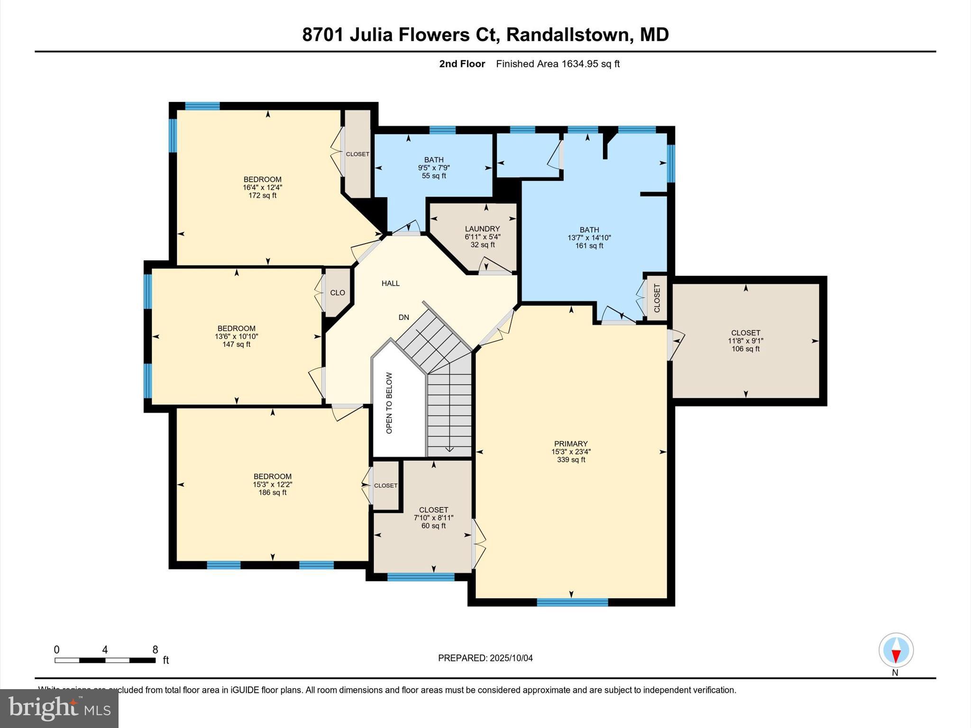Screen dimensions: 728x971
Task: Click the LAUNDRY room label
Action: [x=482, y=229]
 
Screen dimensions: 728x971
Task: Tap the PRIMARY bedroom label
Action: [x=571, y=444]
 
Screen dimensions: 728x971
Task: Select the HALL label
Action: [x=391, y=283]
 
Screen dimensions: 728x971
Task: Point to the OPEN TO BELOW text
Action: [x=389, y=403]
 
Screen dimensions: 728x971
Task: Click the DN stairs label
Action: [x=403, y=318]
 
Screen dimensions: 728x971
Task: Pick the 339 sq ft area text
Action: [x=571, y=460]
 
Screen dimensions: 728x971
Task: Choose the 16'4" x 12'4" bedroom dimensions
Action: [x=262, y=188]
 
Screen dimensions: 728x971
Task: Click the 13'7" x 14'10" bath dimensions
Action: [x=589, y=238]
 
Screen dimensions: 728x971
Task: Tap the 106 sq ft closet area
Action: [x=745, y=349]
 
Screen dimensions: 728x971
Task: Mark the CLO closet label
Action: [x=338, y=293]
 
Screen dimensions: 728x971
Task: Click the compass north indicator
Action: [x=896, y=651]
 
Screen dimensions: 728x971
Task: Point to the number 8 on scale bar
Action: [x=155, y=650]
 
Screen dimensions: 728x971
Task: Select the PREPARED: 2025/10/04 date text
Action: [x=485, y=658]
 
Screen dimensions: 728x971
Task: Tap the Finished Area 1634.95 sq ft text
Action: [x=558, y=64]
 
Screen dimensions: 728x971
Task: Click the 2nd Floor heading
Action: [x=462, y=64]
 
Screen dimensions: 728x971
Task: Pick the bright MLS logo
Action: [x=59, y=708]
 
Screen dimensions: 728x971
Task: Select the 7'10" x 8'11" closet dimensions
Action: [x=433, y=518]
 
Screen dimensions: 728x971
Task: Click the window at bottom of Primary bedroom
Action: [x=572, y=602]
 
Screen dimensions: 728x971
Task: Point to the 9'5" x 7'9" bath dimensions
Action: [x=434, y=168]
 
